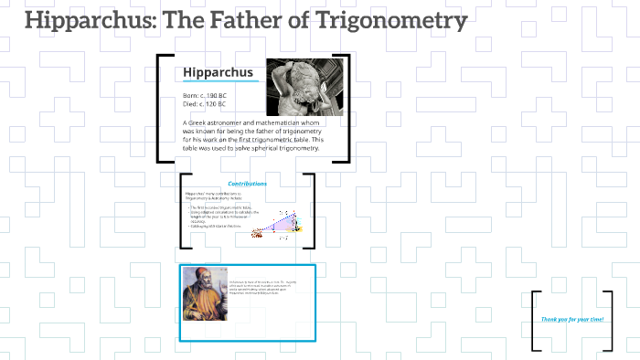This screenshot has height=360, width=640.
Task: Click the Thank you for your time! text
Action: coord(572,319)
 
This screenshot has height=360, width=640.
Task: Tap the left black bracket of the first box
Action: coord(161,108)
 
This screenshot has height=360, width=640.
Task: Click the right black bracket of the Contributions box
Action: coord(311,210)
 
